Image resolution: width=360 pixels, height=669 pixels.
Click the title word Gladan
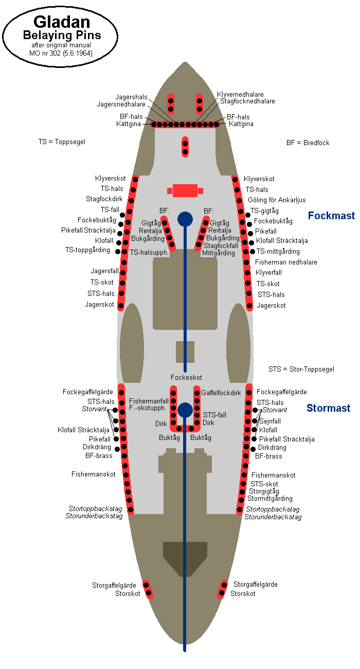click(x=62, y=22)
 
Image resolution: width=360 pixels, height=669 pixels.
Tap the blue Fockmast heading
click(x=331, y=215)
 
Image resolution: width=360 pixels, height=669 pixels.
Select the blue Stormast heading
click(x=328, y=408)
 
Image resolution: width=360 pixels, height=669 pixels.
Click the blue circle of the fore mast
click(x=185, y=219)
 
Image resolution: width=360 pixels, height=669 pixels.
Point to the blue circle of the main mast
click(x=185, y=410)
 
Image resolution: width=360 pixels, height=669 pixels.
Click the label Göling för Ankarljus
click(x=277, y=200)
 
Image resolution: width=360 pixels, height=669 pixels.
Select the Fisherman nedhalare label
click(x=286, y=262)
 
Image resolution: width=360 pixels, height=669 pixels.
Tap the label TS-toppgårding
click(x=87, y=250)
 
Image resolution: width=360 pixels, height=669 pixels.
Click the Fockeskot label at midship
click(x=186, y=378)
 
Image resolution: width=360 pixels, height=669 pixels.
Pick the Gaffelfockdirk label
click(x=221, y=393)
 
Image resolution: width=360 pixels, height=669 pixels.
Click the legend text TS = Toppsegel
click(x=62, y=142)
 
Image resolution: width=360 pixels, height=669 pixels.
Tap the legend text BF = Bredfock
click(x=308, y=143)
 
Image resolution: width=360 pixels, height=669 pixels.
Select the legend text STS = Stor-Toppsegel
click(x=301, y=369)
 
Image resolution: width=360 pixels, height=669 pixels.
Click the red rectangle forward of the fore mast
click(x=185, y=190)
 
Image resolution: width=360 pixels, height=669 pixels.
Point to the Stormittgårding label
click(x=270, y=499)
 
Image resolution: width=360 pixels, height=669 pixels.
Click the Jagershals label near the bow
click(x=131, y=97)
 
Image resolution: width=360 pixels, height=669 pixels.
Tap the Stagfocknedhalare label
click(x=247, y=101)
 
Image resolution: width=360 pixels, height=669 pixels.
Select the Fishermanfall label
click(x=149, y=401)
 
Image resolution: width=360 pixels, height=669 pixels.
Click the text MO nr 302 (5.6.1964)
click(x=61, y=53)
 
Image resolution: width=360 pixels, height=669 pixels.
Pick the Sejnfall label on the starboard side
click(x=270, y=421)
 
